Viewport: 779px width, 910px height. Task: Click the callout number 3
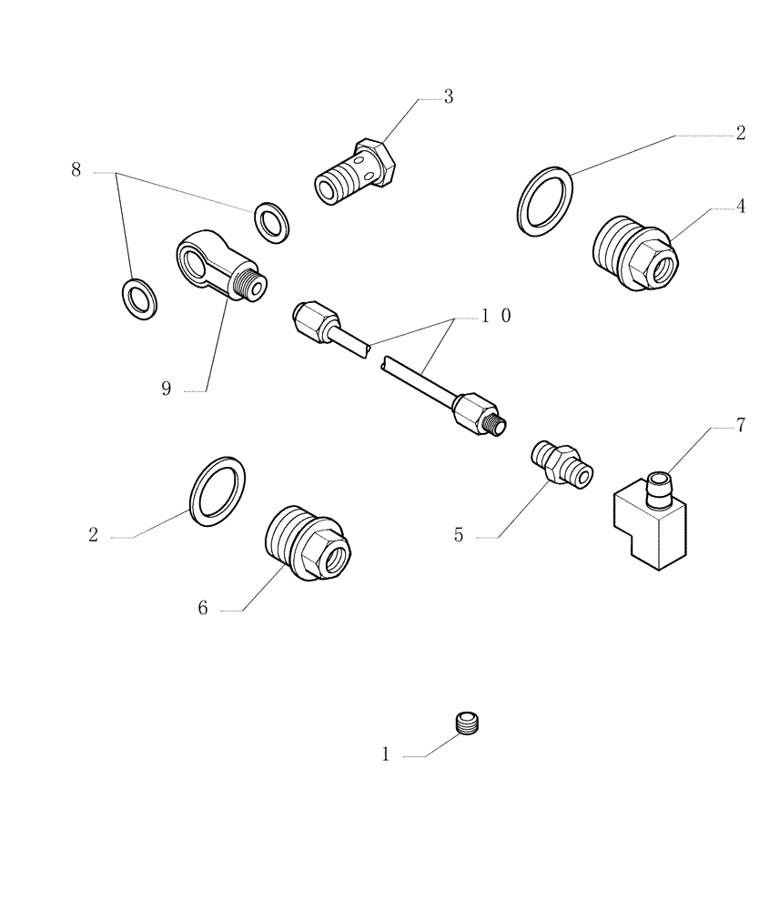coord(448,97)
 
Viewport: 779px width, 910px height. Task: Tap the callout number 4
coord(741,207)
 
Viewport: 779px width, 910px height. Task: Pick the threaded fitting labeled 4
coord(633,253)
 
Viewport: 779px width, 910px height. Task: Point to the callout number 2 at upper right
coord(741,134)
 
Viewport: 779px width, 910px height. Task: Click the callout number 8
coord(76,170)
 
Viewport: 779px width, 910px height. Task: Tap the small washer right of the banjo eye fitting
coord(269,221)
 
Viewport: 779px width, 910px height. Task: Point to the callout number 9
coord(166,389)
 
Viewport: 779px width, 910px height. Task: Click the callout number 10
coord(496,316)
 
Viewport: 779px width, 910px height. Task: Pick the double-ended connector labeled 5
coord(561,460)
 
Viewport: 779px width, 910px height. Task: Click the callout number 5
coord(459,536)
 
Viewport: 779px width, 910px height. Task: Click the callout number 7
coord(740,425)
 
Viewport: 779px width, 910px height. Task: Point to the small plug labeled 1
coord(468,723)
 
